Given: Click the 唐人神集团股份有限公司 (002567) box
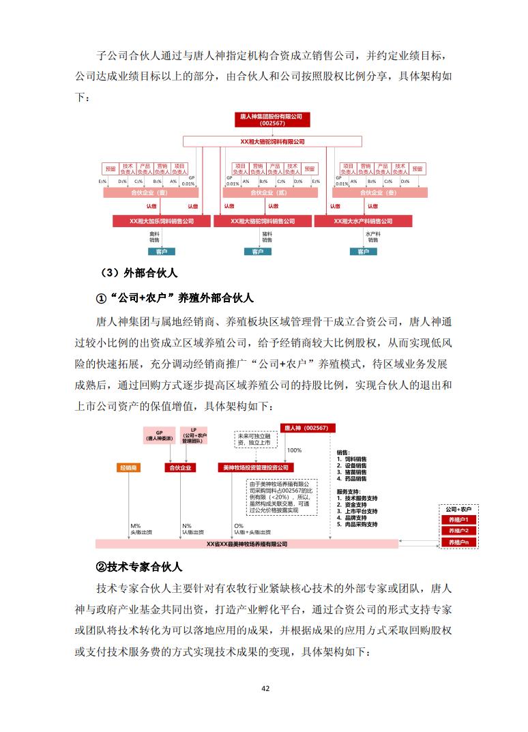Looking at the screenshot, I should pos(272,120).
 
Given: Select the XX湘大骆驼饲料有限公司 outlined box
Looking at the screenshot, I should pos(273,141).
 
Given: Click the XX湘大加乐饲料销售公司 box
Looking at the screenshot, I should pos(162,221).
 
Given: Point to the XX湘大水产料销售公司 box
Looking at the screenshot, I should pos(363,221).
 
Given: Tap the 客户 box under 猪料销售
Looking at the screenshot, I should pos(258,252).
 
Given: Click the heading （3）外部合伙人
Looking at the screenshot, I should pos(138,273).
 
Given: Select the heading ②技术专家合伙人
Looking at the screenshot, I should pos(138,567).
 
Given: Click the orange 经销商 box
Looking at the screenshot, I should pos(129,468).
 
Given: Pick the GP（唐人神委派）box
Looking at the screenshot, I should pos(160,436).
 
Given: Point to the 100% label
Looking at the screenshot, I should pos(294,450).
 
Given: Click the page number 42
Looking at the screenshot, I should pos(265,688).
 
